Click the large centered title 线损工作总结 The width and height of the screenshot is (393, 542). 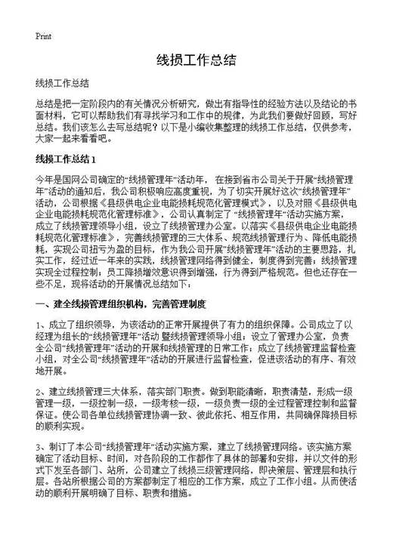(196, 60)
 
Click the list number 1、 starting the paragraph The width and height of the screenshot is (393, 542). (41, 325)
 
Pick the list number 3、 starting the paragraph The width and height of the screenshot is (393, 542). (41, 446)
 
